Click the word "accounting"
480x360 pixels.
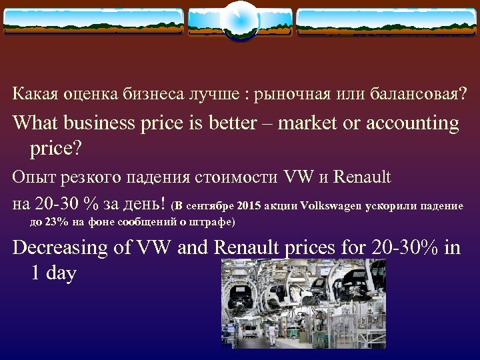410,124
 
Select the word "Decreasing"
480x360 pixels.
61,247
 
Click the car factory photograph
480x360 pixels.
303,303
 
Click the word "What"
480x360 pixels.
35,124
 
